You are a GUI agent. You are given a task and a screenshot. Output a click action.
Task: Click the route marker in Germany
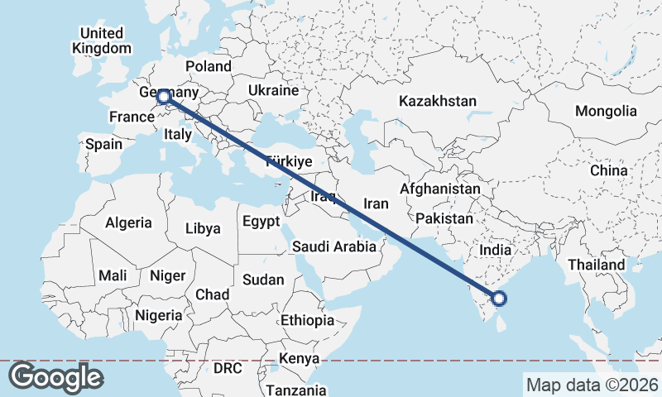(164, 98)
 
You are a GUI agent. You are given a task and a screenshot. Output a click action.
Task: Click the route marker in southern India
(499, 299)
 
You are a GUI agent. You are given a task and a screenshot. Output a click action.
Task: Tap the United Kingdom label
(101, 41)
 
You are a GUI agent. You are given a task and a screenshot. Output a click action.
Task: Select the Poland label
(209, 66)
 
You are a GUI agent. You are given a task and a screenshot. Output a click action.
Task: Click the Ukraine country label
(272, 90)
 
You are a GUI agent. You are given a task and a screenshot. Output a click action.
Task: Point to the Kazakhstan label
(437, 101)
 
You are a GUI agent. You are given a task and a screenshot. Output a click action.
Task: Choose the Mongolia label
(606, 111)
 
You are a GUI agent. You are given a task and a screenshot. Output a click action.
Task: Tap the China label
(609, 170)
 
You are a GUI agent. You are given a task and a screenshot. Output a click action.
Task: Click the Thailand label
(596, 265)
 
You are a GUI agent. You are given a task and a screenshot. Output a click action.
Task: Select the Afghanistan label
(439, 189)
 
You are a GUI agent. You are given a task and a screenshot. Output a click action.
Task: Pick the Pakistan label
(444, 219)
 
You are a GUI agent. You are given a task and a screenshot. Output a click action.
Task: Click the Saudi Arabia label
(334, 246)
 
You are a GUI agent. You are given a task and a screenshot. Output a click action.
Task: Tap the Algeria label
(128, 222)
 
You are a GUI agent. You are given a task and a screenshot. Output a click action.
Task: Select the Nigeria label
(158, 315)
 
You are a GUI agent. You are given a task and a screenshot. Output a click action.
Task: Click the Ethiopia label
(307, 320)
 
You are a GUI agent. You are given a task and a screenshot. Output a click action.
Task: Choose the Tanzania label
(295, 390)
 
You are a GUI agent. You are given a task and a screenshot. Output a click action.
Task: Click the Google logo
(55, 377)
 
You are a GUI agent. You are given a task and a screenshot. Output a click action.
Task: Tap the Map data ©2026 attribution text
(592, 385)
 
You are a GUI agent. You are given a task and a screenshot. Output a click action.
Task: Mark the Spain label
(103, 144)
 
